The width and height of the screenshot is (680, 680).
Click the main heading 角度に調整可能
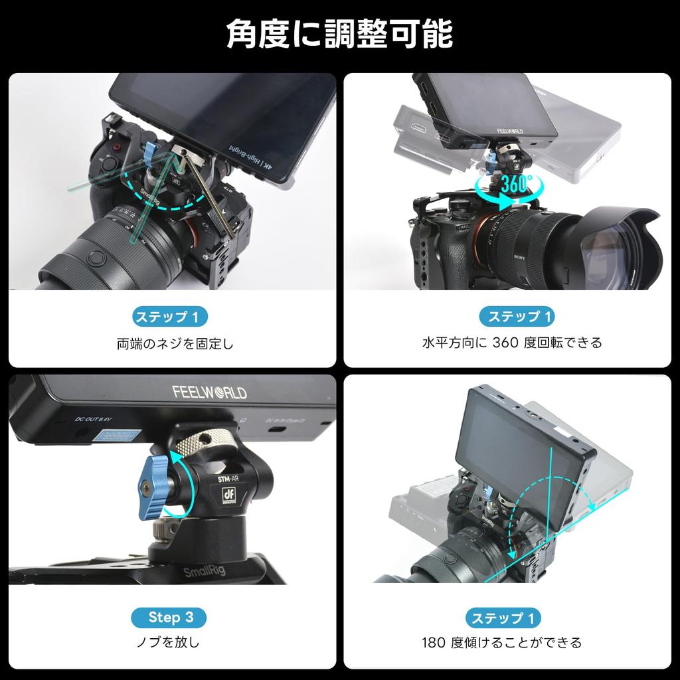pos(339,34)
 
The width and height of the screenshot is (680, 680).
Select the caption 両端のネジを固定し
pos(175,344)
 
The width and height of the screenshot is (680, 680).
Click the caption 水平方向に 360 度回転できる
pos(512,343)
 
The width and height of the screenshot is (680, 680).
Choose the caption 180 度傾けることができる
pos(501,642)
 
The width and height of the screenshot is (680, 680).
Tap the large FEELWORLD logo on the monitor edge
pos(210,392)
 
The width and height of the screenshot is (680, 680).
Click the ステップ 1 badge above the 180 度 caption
pos(503,618)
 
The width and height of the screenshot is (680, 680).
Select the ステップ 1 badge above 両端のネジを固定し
pos(171,317)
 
